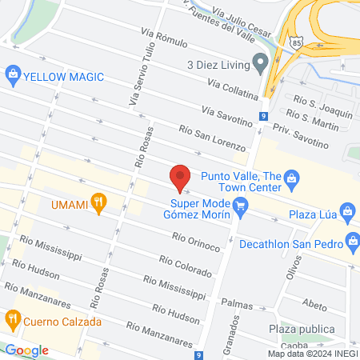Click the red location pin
180,176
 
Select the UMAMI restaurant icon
98,203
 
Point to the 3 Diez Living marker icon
259,62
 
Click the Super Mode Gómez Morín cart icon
240,210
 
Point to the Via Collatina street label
234,89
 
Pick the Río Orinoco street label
195,242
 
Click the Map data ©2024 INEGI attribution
312,354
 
